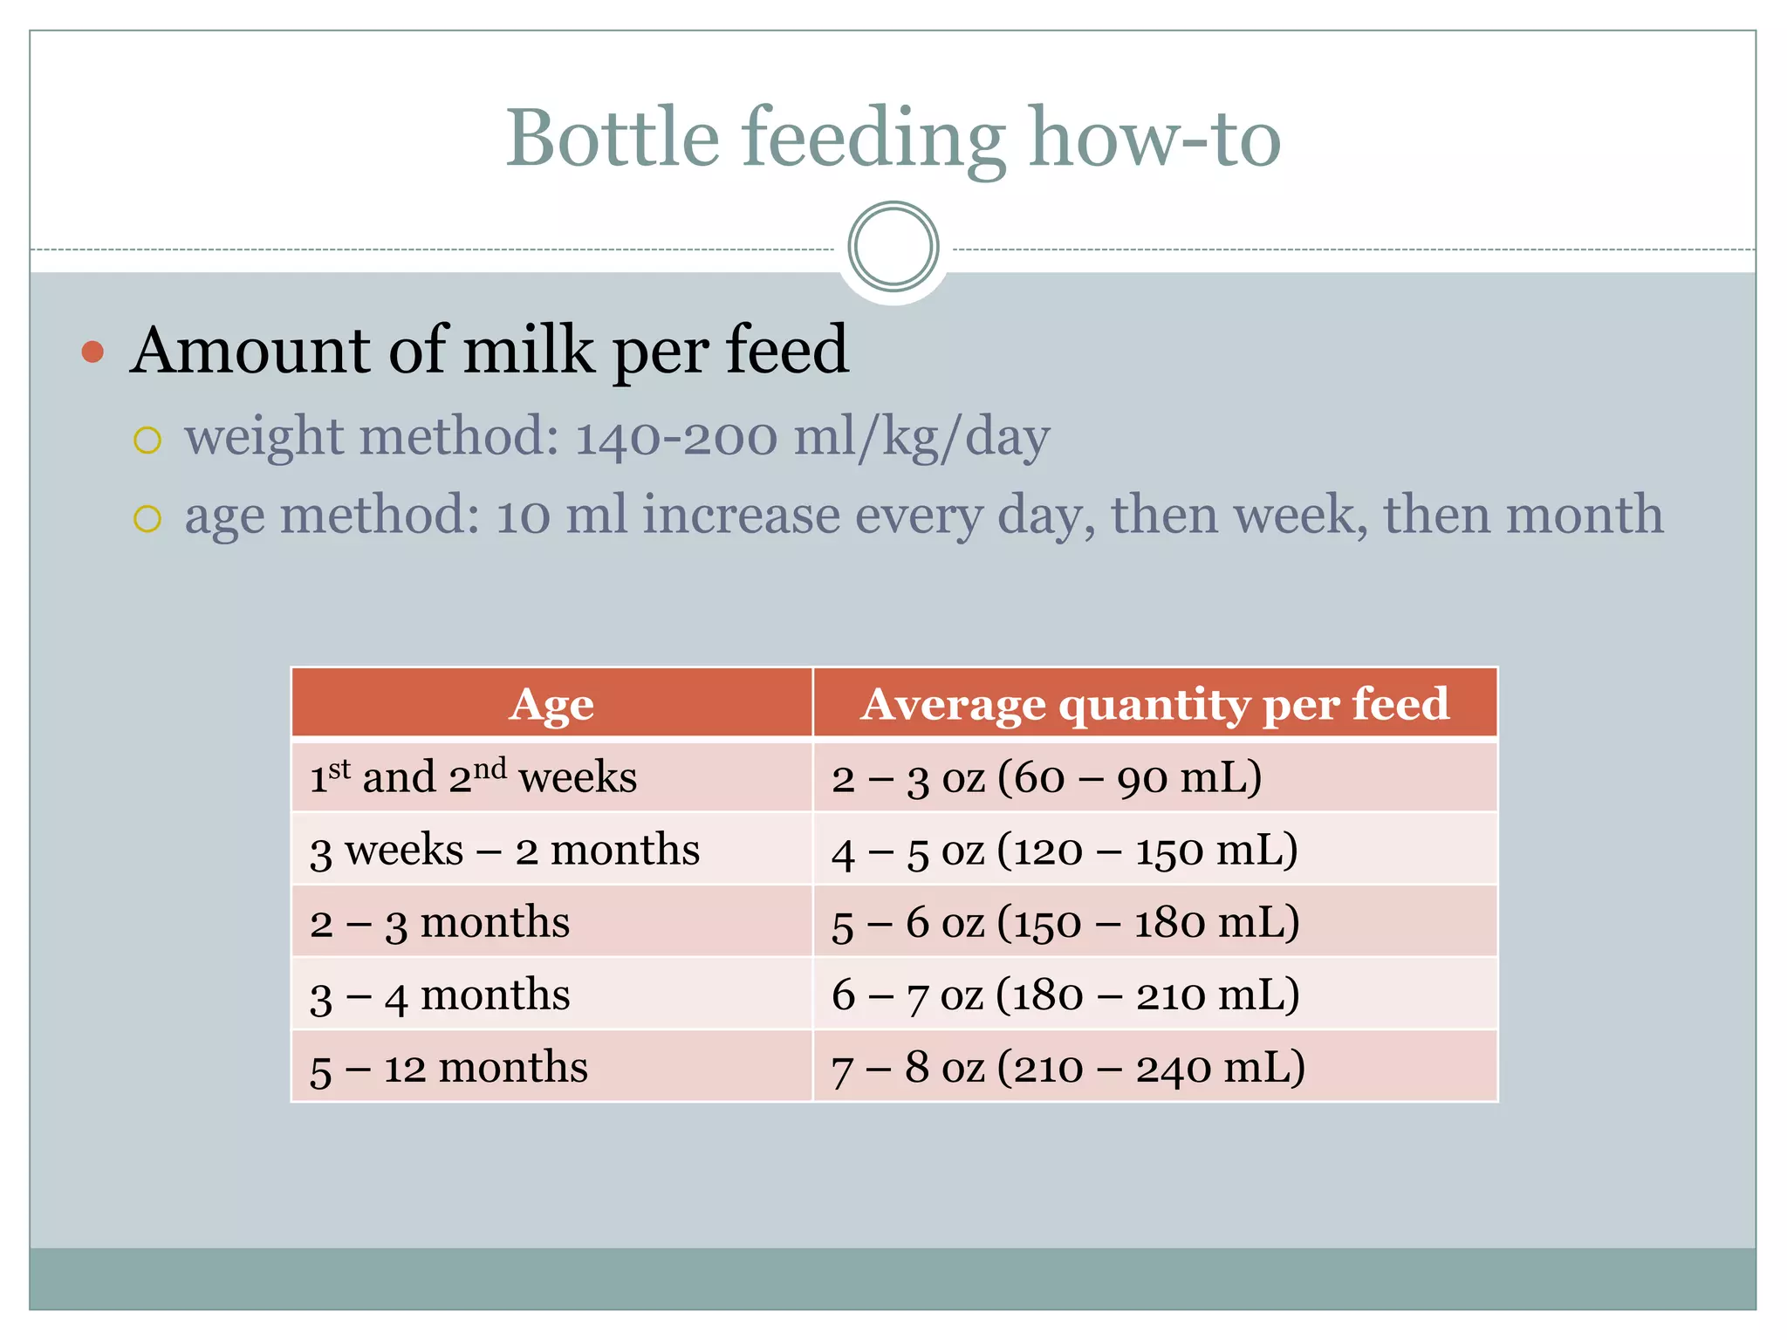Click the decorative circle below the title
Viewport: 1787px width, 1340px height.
point(893,247)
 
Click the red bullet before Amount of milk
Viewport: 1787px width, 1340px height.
point(92,352)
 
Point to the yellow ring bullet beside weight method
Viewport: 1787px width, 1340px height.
point(147,441)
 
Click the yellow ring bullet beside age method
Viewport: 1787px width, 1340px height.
point(147,519)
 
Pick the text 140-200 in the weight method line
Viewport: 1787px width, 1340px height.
point(675,437)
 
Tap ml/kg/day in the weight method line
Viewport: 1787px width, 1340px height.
point(921,437)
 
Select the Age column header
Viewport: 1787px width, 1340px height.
point(551,704)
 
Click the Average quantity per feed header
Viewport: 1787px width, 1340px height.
point(1154,704)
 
